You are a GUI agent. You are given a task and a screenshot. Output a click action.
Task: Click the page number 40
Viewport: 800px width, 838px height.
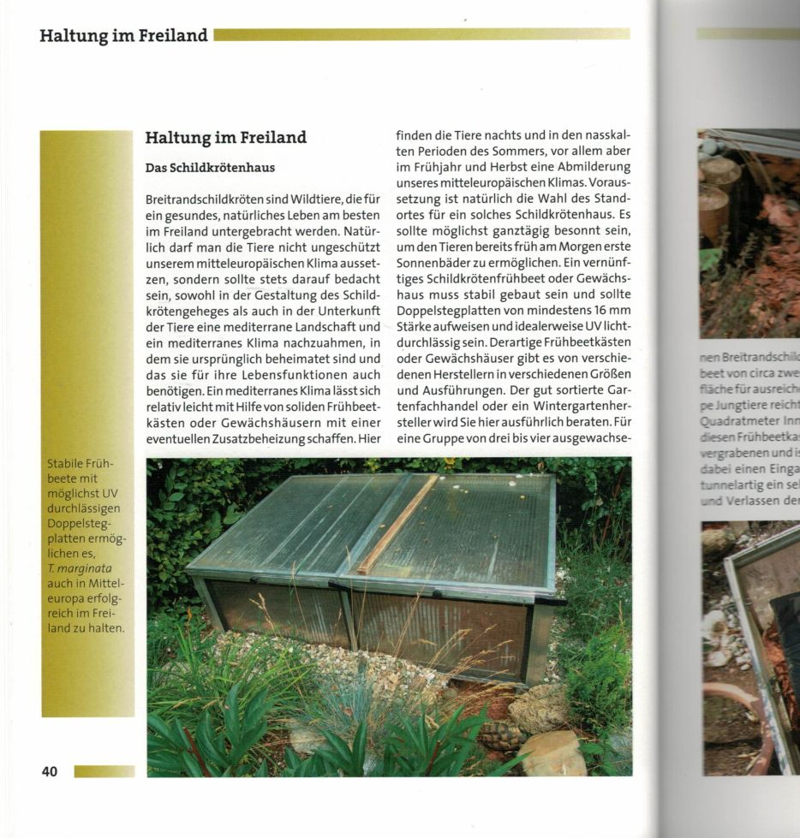[x=50, y=772]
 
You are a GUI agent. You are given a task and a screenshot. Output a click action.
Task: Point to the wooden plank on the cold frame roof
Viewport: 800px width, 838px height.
[x=397, y=524]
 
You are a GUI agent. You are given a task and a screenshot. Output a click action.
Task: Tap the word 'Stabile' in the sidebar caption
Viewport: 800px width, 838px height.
[x=66, y=465]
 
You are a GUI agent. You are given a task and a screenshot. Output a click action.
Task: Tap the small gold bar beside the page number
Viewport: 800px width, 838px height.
[x=104, y=772]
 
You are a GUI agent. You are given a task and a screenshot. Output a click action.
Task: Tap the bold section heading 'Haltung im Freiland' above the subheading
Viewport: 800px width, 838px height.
[x=225, y=138]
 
